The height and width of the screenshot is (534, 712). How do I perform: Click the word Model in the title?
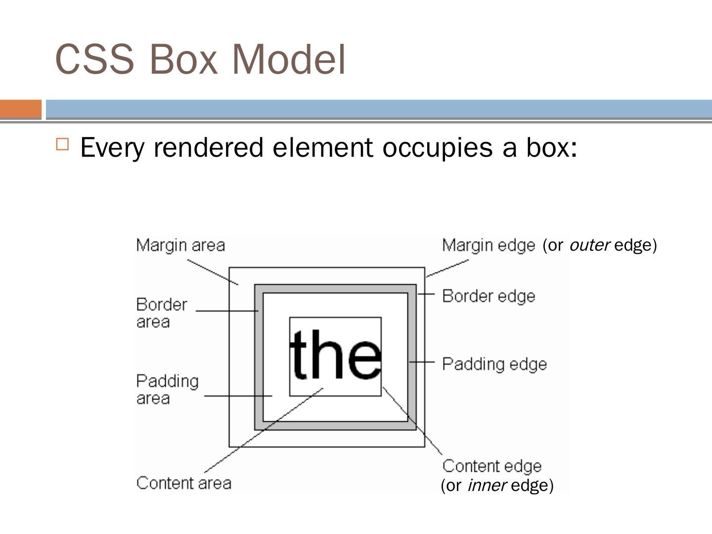pos(289,59)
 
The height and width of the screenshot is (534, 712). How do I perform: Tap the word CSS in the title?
pos(94,59)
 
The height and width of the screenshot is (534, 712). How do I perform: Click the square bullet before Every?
pos(63,144)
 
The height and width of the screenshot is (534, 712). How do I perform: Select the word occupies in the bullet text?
pos(438,147)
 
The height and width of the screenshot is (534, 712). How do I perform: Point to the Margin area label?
pos(180,245)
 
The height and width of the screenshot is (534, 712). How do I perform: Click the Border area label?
pos(161,312)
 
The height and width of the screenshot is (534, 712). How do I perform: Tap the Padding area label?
pos(167,389)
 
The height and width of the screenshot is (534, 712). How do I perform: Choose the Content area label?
pos(183,483)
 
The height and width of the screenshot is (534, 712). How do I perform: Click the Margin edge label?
pos(488,245)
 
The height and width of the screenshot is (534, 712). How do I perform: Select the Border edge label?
pos(489,296)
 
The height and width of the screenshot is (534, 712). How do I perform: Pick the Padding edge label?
pos(494,364)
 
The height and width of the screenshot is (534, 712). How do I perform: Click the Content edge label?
pos(492,466)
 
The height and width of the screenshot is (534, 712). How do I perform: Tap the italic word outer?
pos(589,245)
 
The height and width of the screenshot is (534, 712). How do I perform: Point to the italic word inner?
pos(487,486)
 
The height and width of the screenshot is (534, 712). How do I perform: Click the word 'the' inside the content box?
pos(335,355)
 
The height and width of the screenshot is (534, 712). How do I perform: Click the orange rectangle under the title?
pos(21,109)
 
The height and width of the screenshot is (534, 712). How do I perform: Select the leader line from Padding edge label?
pos(422,362)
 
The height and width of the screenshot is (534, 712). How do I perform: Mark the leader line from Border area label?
pos(227,311)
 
